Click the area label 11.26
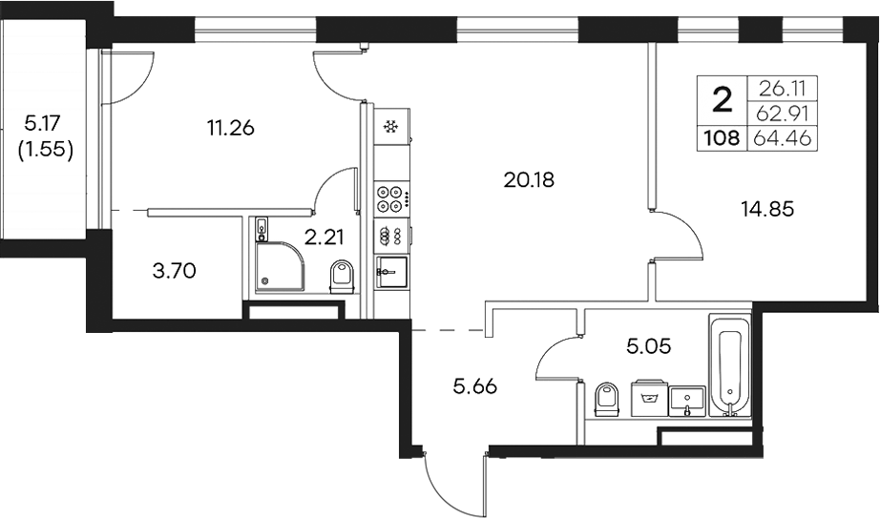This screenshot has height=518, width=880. click(229, 127)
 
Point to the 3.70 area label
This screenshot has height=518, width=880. click(174, 272)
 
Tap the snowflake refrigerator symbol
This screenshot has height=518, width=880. click(389, 127)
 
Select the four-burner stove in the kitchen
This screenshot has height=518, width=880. click(389, 196)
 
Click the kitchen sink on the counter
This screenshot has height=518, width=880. click(391, 271)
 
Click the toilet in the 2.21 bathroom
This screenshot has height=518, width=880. click(340, 277)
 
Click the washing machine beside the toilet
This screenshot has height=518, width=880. click(648, 399)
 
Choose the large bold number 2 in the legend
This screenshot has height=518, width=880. click(723, 98)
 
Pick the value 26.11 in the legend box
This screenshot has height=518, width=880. click(783, 89)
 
